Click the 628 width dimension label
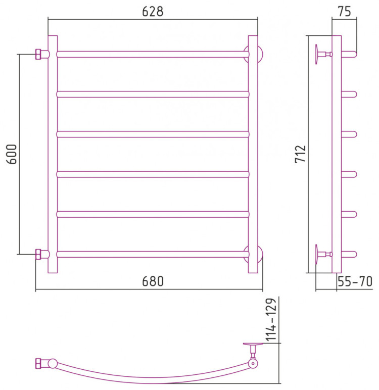point(153,12)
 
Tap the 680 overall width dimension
point(153,281)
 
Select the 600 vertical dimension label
point(12,154)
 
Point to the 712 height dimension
point(300,154)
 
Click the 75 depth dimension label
point(345,12)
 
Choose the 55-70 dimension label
point(355,281)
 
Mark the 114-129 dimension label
point(271,320)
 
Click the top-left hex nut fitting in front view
point(38,54)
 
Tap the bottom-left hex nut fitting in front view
point(38,254)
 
